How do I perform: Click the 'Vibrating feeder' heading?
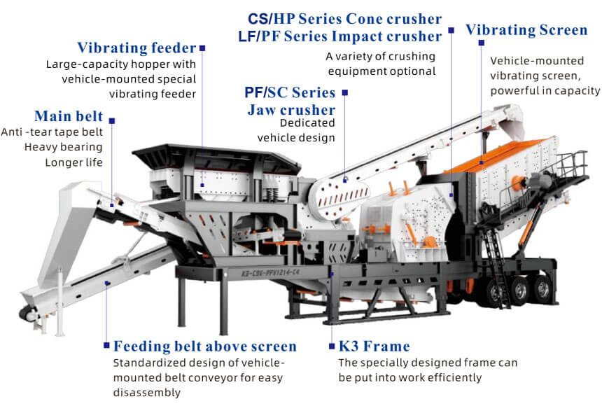136,48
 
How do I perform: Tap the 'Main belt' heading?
69,116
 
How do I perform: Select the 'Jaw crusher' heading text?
291,110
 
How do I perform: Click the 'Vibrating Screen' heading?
526,30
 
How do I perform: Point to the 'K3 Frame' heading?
374,346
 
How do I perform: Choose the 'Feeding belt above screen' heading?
205,346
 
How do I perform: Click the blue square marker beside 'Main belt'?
112,121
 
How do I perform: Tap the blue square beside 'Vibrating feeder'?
202,48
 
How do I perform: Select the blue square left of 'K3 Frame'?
332,346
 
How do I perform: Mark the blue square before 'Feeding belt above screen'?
106,345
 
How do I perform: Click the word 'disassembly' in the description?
147,393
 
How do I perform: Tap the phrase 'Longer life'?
73,162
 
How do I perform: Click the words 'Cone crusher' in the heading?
394,19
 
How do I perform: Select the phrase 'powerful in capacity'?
545,90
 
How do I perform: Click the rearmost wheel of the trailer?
542,289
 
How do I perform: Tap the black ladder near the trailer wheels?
497,267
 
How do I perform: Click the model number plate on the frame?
265,273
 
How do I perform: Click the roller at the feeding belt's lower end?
27,314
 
